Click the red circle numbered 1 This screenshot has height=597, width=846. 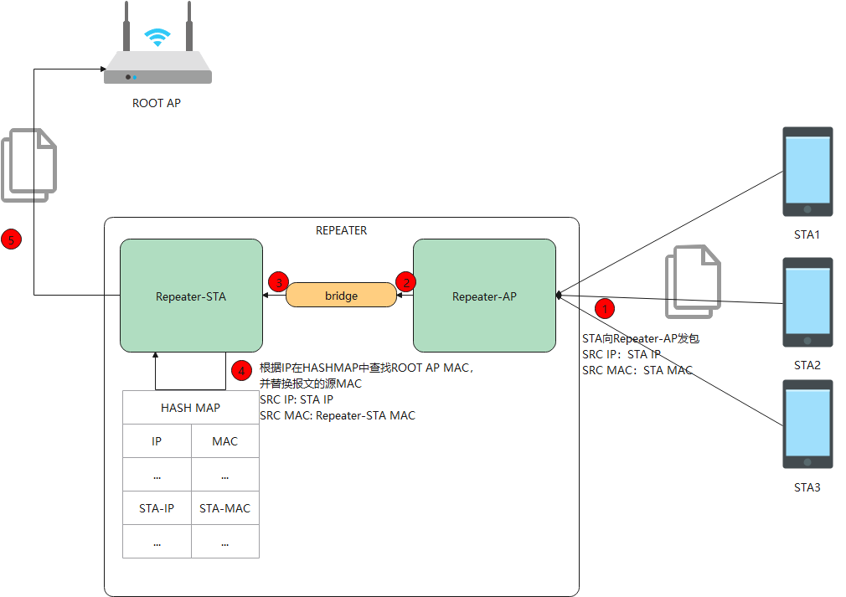point(605,307)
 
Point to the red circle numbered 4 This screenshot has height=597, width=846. point(240,369)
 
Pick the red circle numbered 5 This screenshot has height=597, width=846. point(11,240)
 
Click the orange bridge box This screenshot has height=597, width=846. point(341,296)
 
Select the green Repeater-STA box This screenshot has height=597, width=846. point(191,296)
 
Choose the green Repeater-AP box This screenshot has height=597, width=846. point(484,296)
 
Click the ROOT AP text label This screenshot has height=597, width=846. point(157,104)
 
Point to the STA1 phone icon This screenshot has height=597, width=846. point(807,172)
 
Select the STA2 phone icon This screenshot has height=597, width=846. point(807,302)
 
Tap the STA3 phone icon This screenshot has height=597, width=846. point(807,425)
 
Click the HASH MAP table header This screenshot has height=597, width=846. point(190,408)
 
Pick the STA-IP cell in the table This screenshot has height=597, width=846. point(157,508)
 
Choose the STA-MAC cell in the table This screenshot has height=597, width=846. point(224,508)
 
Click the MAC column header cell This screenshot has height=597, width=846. point(224,441)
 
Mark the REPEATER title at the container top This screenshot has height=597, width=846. point(341,230)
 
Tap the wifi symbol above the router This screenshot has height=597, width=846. point(157,36)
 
